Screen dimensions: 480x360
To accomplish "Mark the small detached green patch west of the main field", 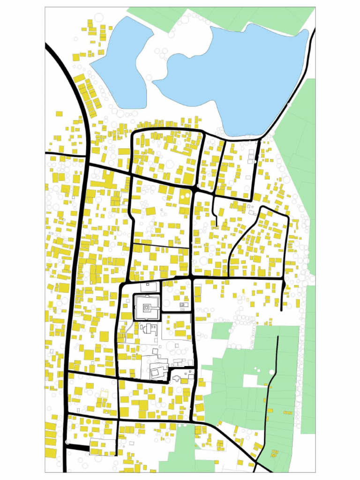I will [x=222, y=330].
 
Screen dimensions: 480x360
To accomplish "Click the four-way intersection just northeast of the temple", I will [x=192, y=279].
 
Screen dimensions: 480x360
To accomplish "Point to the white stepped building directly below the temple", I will [x=149, y=328].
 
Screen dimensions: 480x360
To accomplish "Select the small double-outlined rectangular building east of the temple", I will [x=184, y=305].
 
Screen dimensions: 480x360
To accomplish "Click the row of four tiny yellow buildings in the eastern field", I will [x=287, y=412].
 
